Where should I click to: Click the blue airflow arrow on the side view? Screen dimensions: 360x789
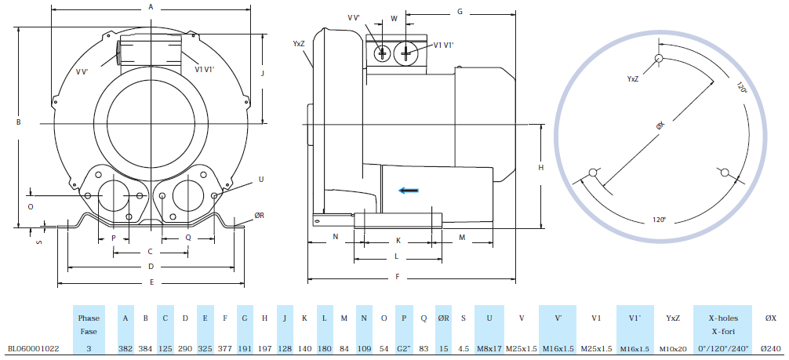pos(407,189)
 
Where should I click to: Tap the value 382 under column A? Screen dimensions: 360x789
pos(125,347)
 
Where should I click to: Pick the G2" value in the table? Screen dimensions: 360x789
pos(404,347)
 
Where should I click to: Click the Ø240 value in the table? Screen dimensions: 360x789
pos(770,347)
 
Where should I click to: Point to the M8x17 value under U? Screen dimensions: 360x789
pos(489,347)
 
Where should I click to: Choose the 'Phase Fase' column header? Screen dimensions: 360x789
pos(89,325)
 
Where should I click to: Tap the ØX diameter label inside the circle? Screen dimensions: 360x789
pos(660,125)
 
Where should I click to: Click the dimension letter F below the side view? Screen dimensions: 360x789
pos(398,277)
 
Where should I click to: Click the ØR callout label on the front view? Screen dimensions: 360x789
pos(259,216)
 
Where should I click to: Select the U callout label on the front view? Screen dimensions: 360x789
pos(261,180)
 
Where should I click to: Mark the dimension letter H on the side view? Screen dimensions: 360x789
pos(541,168)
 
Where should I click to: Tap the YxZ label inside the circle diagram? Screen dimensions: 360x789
pos(633,79)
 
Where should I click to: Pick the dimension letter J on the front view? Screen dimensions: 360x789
pos(263,73)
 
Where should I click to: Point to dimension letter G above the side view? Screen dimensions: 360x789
pos(460,12)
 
